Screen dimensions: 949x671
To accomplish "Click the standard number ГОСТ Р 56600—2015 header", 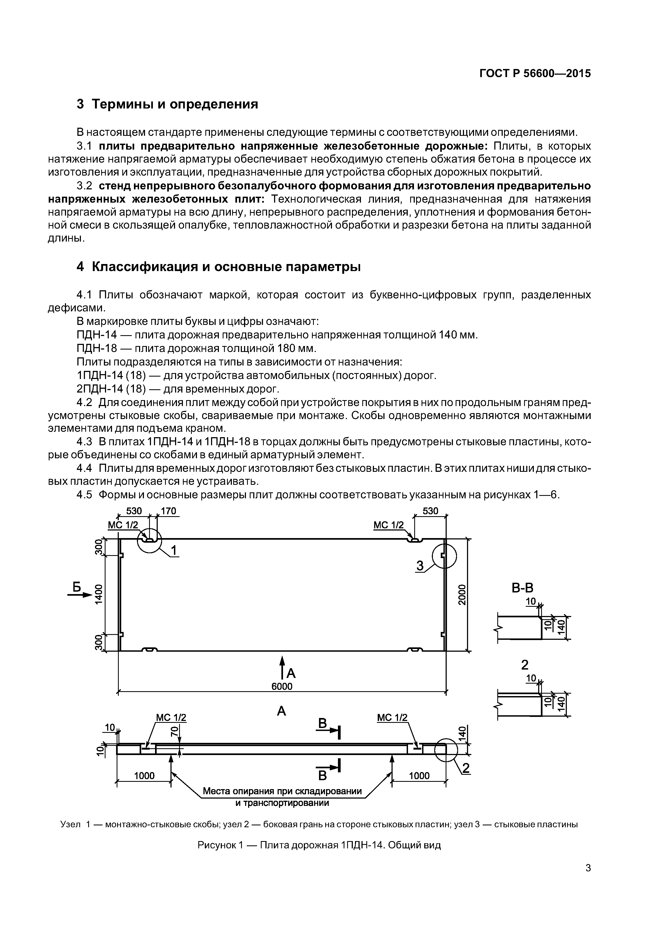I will pos(535,74).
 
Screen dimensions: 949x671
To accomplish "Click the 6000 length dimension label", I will pos(282,687).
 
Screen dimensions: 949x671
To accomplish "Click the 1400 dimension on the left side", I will pos(98,594).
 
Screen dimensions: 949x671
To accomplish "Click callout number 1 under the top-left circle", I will pos(174,550).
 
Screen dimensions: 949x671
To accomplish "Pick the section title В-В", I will pos(522,588).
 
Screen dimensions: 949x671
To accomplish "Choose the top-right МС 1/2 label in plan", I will pos(389,525).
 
